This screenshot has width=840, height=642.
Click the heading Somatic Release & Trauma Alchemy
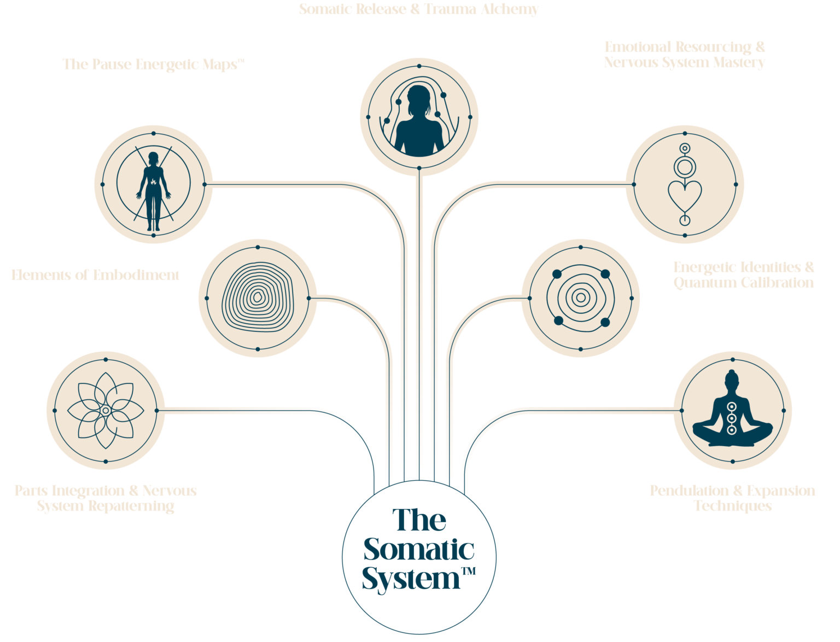point(418,9)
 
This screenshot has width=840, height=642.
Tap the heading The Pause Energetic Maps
point(153,65)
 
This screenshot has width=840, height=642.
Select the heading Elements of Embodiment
point(95,275)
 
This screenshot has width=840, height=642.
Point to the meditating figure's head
point(732,380)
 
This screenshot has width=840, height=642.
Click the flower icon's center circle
point(105,410)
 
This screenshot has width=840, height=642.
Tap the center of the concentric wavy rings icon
point(257,297)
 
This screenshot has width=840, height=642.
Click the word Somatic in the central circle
point(418,550)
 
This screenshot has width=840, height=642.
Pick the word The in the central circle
point(419,520)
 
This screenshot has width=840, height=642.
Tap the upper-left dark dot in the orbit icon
point(557,274)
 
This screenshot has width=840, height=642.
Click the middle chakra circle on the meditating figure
point(732,418)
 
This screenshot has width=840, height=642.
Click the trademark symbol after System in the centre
point(469,571)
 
